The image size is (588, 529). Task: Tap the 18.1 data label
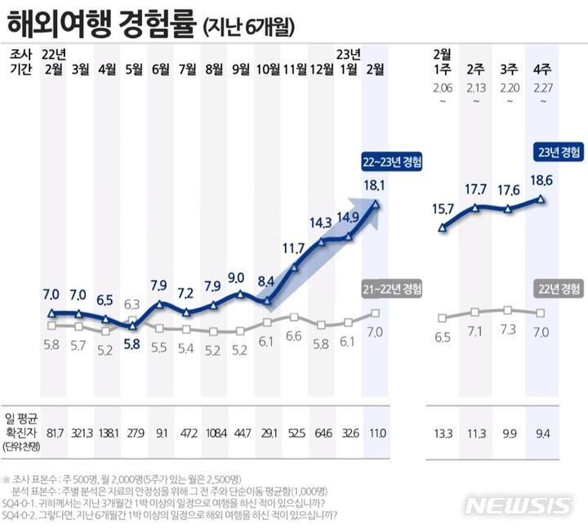pos(375,186)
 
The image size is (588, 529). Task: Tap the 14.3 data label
pos(322,222)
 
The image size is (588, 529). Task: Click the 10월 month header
pos(268,69)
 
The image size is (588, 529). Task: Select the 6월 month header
pos(161,69)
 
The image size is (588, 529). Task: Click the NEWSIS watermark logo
pos(518,505)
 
